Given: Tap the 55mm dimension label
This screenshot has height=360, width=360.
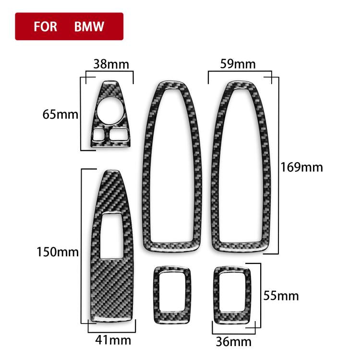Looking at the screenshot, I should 281,295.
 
